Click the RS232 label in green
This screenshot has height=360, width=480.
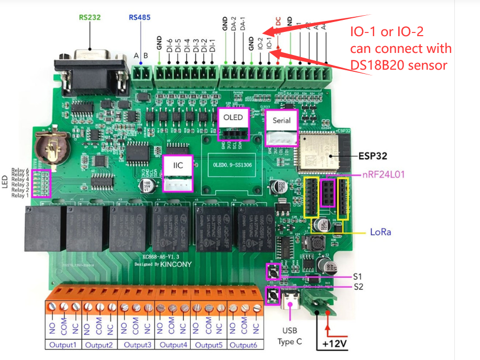(x=90, y=17)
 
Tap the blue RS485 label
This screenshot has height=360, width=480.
(x=139, y=17)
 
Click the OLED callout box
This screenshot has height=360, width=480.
(x=233, y=117)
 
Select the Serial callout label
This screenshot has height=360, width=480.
(x=281, y=121)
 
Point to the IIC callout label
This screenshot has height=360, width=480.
(x=178, y=165)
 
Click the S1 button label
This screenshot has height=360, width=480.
(x=357, y=276)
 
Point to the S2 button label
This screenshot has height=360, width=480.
(x=357, y=287)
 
